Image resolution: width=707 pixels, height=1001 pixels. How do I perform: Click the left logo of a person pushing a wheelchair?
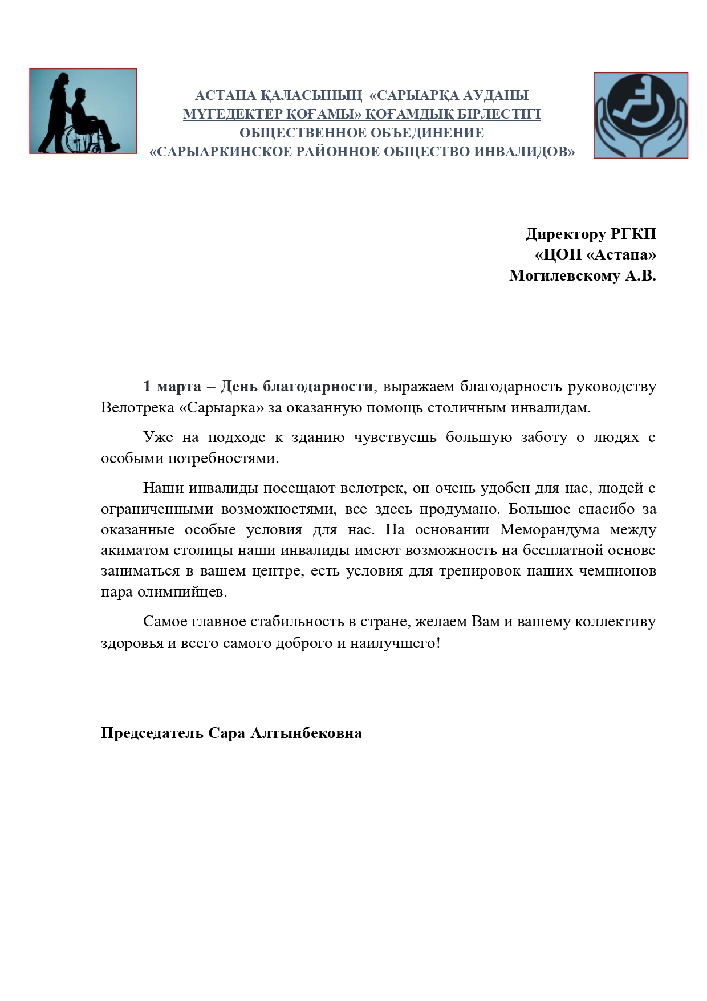[x=83, y=111]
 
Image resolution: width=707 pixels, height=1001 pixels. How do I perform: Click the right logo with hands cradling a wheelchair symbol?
[x=641, y=115]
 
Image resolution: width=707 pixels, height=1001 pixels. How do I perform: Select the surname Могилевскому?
[x=564, y=276]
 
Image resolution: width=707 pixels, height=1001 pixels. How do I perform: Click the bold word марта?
[x=179, y=387]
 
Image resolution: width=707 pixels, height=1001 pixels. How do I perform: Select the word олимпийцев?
[x=182, y=592]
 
